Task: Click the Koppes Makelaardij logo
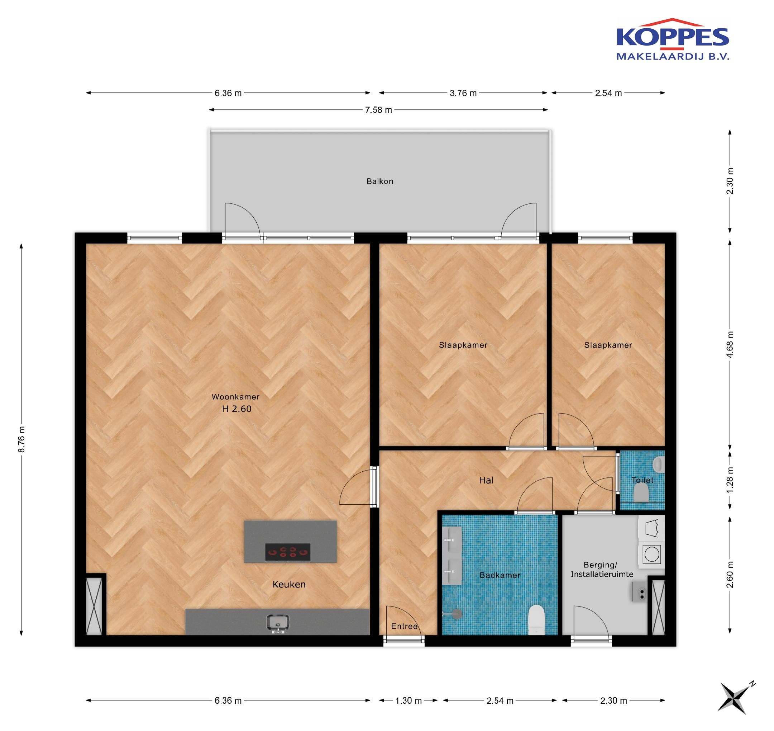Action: [673, 39]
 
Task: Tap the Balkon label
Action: [380, 181]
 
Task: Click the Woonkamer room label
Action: [235, 397]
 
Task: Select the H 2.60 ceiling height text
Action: [237, 409]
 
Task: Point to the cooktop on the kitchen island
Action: [288, 552]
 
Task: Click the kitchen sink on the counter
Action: [278, 623]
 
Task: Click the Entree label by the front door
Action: [404, 626]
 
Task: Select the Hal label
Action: [486, 480]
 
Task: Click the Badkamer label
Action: [500, 575]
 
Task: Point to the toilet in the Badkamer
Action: [536, 619]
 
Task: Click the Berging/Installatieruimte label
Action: [602, 569]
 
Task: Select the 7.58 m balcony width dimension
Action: [378, 110]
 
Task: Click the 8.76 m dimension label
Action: [22, 439]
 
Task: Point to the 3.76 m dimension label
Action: [463, 93]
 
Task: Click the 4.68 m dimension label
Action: [730, 344]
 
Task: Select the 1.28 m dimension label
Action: [730, 480]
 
